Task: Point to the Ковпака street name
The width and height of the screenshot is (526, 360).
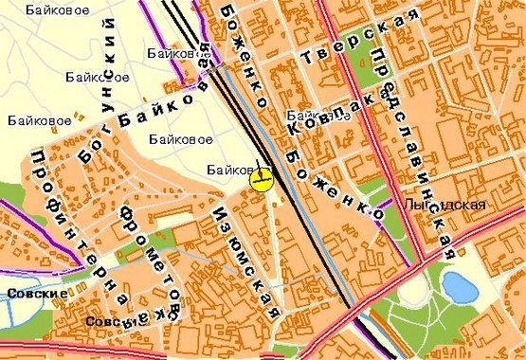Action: pos(324,116)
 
